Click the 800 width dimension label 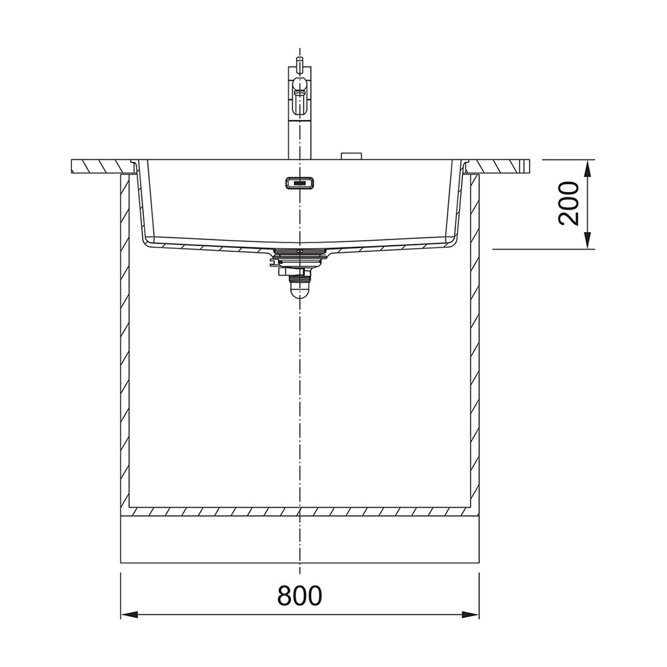[x=299, y=596]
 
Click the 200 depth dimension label [x=569, y=203]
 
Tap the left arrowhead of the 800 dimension [x=129, y=615]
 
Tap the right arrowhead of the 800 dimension [x=470, y=615]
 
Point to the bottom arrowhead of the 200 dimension [x=588, y=240]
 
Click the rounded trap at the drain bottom [x=300, y=291]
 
